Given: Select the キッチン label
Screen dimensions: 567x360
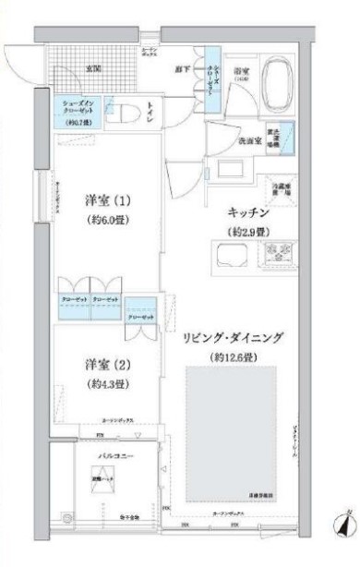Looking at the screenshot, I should pyautogui.click(x=242, y=211).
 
